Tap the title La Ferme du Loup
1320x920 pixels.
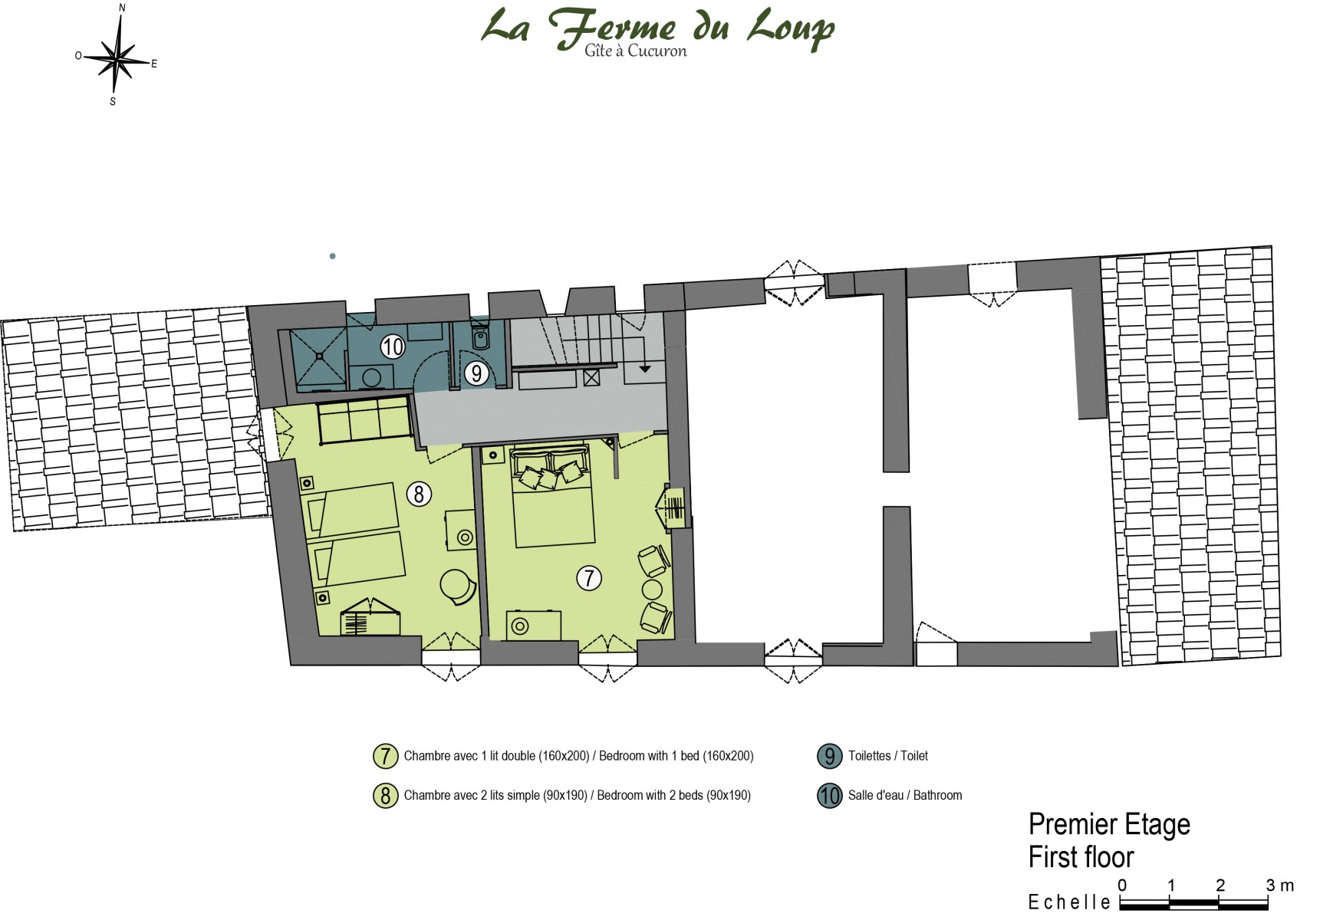(x=658, y=27)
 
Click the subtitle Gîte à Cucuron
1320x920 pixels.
(x=635, y=51)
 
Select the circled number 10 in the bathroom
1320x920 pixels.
(x=393, y=347)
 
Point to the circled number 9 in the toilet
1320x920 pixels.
(x=476, y=373)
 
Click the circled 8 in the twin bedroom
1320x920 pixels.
(x=419, y=494)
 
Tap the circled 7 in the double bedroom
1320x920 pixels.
(x=589, y=578)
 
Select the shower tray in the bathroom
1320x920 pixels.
(x=318, y=357)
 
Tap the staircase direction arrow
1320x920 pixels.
(x=645, y=369)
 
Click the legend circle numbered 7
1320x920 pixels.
(x=385, y=756)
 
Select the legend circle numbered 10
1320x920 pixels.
(x=829, y=796)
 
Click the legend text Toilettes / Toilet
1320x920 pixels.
(x=887, y=756)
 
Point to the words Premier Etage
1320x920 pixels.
(x=1109, y=825)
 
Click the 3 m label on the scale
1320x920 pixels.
(x=1279, y=886)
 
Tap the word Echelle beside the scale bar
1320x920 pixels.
(x=1069, y=902)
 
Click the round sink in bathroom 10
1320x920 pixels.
(x=372, y=377)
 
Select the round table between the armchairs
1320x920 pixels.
(x=652, y=590)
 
